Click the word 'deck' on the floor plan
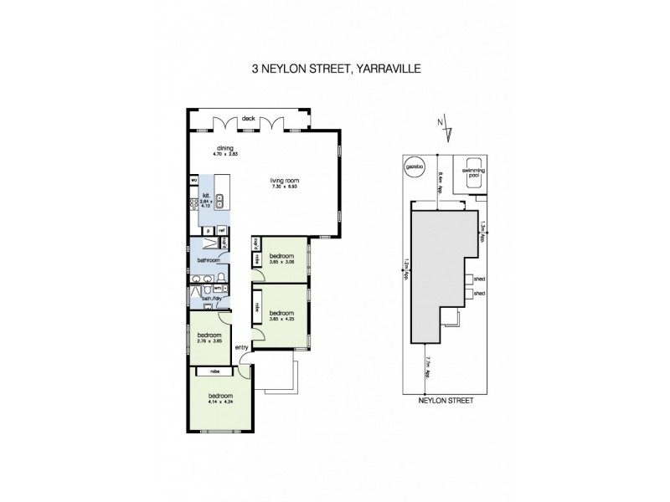tap(248, 119)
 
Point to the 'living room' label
tap(284, 180)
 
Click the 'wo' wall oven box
tap(194, 180)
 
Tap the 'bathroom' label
tap(208, 260)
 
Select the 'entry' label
tap(241, 347)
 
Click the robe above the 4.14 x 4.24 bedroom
tap(214, 371)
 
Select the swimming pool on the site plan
tap(473, 171)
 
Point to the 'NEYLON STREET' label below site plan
tap(446, 401)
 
